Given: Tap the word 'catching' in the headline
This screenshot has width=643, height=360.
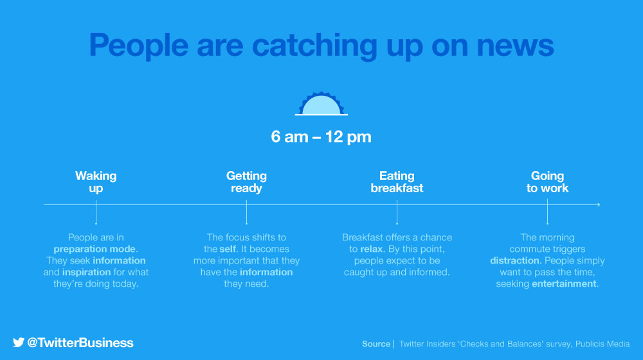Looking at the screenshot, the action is [x=314, y=46].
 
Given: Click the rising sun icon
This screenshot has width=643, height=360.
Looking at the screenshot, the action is [x=321, y=104].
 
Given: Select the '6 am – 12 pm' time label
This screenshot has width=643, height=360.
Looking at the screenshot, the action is [x=321, y=137].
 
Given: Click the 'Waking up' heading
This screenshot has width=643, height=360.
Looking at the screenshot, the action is [x=96, y=182].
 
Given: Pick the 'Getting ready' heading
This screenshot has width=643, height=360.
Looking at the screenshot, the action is [x=246, y=182].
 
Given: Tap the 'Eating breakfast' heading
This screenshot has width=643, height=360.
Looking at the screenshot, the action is [x=397, y=182].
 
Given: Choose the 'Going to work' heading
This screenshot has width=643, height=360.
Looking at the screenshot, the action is [x=547, y=182].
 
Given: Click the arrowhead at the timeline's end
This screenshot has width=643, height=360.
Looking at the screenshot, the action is [x=599, y=204].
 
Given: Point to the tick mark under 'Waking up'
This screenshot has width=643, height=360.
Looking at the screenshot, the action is [x=96, y=212].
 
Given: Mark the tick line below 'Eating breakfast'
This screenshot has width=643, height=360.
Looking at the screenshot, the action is [x=397, y=212].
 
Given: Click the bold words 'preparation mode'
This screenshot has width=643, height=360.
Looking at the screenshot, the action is [x=95, y=249].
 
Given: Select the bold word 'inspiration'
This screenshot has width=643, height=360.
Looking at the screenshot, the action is [x=87, y=273].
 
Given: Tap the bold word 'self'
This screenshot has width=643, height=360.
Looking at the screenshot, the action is [x=228, y=249].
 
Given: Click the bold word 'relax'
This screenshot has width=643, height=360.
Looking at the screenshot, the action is [x=372, y=249].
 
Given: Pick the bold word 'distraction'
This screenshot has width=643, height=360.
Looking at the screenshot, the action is [x=514, y=260].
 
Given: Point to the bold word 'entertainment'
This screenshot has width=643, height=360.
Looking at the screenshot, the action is [x=564, y=283].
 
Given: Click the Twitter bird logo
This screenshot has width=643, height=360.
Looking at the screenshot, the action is [x=19, y=343].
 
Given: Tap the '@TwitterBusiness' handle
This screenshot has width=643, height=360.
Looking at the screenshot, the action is [x=80, y=343].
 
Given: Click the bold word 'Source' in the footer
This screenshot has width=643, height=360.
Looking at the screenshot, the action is [x=376, y=344].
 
